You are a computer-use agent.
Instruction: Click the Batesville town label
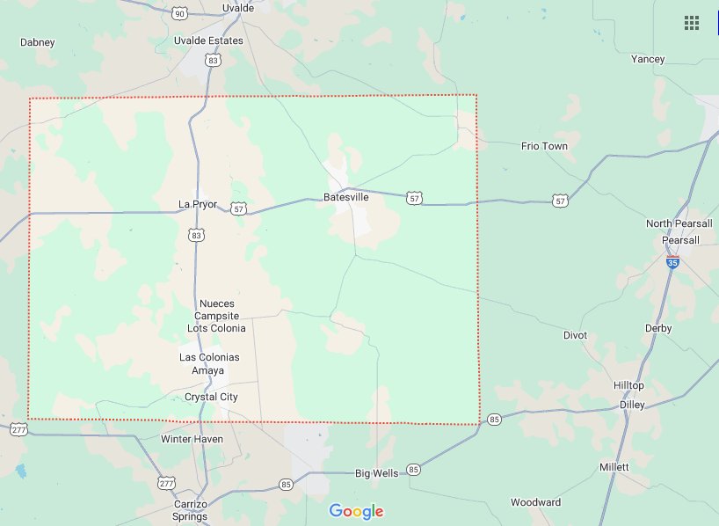tap(345, 197)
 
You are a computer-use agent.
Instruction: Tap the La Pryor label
tap(197, 204)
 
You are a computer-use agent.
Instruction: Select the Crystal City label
tap(211, 397)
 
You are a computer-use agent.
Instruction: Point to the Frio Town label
tap(544, 146)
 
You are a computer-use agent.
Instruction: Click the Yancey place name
tap(648, 59)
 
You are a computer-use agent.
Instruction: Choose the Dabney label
tap(37, 41)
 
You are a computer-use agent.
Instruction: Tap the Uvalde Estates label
tap(208, 40)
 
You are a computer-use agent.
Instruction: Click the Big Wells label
tap(376, 473)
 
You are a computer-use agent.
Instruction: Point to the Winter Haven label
tap(192, 438)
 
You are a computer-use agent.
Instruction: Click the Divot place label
tap(575, 335)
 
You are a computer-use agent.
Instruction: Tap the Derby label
tap(658, 328)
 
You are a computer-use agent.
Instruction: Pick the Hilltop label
tap(628, 385)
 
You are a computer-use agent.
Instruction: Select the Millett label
tap(614, 466)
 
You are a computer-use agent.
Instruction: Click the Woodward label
tap(535, 502)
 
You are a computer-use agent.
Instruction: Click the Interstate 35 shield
tap(672, 262)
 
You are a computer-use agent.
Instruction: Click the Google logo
tap(356, 511)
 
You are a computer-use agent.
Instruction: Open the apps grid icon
tap(692, 23)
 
